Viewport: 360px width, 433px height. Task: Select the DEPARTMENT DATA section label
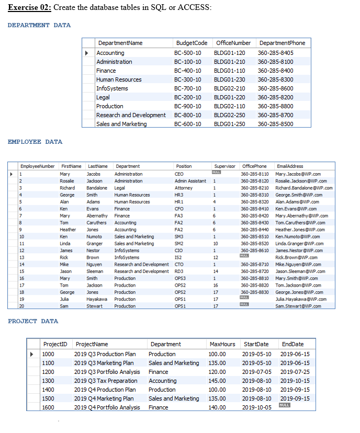click(x=39, y=25)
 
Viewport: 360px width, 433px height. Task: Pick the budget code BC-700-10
click(x=187, y=88)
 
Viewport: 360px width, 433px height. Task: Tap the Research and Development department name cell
click(x=131, y=115)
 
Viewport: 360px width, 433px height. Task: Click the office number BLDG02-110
click(x=229, y=106)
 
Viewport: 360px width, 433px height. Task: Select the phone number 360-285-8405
click(x=276, y=53)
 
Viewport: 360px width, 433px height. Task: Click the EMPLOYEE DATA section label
click(x=35, y=142)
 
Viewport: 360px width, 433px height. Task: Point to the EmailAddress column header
click(x=289, y=166)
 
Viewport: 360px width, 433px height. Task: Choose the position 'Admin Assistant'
click(x=190, y=181)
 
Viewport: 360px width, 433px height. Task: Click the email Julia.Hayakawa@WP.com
click(x=300, y=299)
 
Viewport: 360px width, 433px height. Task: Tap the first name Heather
click(x=67, y=230)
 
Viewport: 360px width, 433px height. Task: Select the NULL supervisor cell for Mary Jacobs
click(x=216, y=173)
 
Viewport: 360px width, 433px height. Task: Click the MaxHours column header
click(x=222, y=344)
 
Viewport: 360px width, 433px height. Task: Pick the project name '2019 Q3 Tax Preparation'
click(x=106, y=381)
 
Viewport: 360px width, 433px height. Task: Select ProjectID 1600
click(x=48, y=407)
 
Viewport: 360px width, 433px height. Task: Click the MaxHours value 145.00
click(x=217, y=381)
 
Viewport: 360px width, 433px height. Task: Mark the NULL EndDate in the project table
click(x=284, y=405)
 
